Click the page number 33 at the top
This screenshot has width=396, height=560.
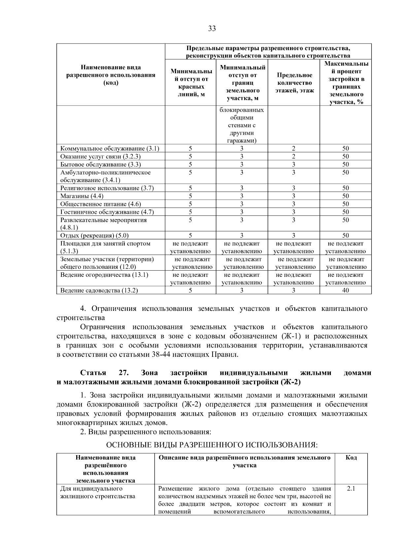click(212, 29)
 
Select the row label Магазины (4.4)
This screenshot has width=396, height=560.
click(82, 196)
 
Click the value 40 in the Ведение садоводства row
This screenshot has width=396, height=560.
click(345, 290)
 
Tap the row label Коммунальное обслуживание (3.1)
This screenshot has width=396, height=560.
click(110, 148)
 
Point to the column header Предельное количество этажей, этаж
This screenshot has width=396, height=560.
click(294, 83)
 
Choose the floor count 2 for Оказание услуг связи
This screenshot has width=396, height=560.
click(293, 156)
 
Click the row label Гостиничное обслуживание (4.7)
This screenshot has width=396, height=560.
click(107, 212)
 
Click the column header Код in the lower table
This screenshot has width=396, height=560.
click(351, 458)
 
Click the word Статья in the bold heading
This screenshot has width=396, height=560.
click(93, 373)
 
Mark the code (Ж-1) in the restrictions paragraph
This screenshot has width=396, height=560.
click(290, 336)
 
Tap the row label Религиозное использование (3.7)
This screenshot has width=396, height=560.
click(107, 188)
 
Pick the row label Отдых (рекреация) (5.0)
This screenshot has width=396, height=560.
click(94, 235)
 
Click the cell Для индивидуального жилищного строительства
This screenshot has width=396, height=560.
click(98, 492)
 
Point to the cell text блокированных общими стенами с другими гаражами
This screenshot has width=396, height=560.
click(242, 125)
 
